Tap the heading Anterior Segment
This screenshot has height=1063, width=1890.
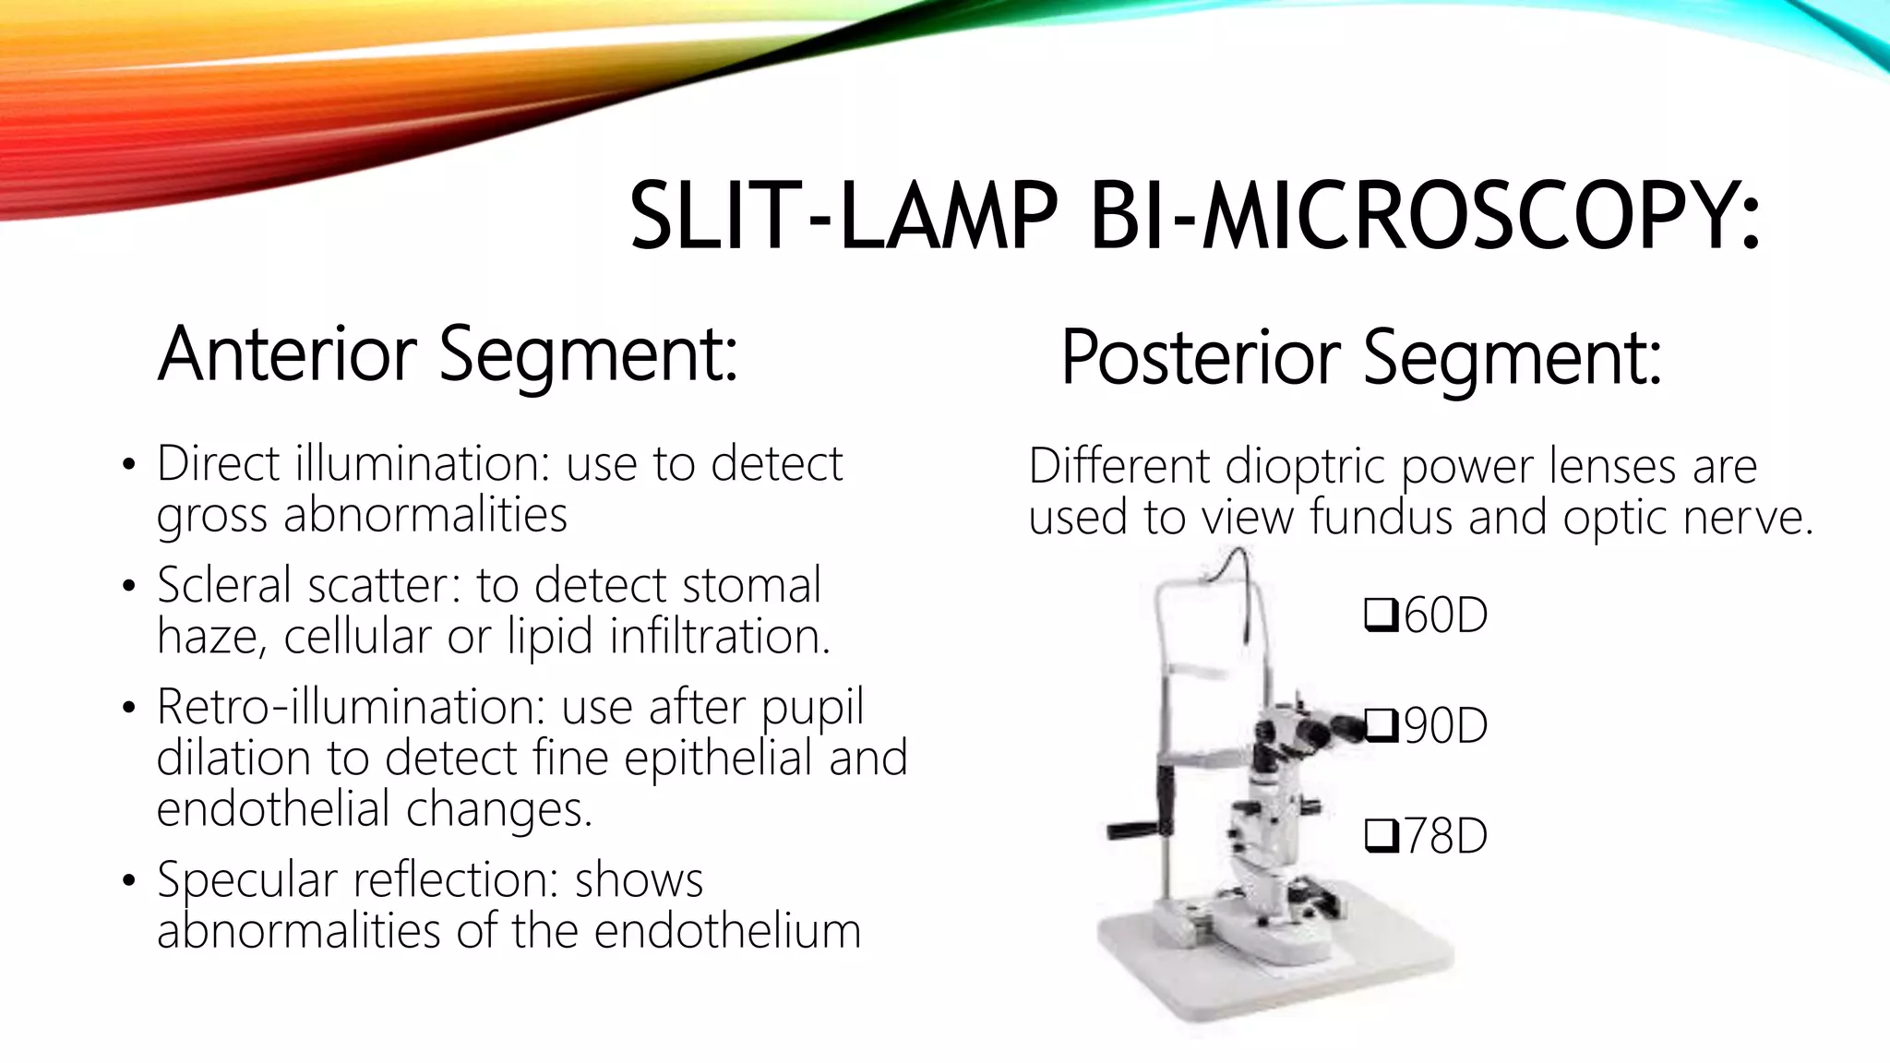(448, 354)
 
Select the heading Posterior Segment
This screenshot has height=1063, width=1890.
(1361, 358)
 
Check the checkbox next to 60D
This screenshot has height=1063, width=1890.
(1380, 615)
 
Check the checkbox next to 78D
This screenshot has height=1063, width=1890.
(1380, 836)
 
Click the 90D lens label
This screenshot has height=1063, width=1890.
(1445, 726)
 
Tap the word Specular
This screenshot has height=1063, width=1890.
(247, 879)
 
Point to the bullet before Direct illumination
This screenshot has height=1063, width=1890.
(129, 464)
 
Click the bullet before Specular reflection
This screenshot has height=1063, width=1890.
(129, 880)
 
